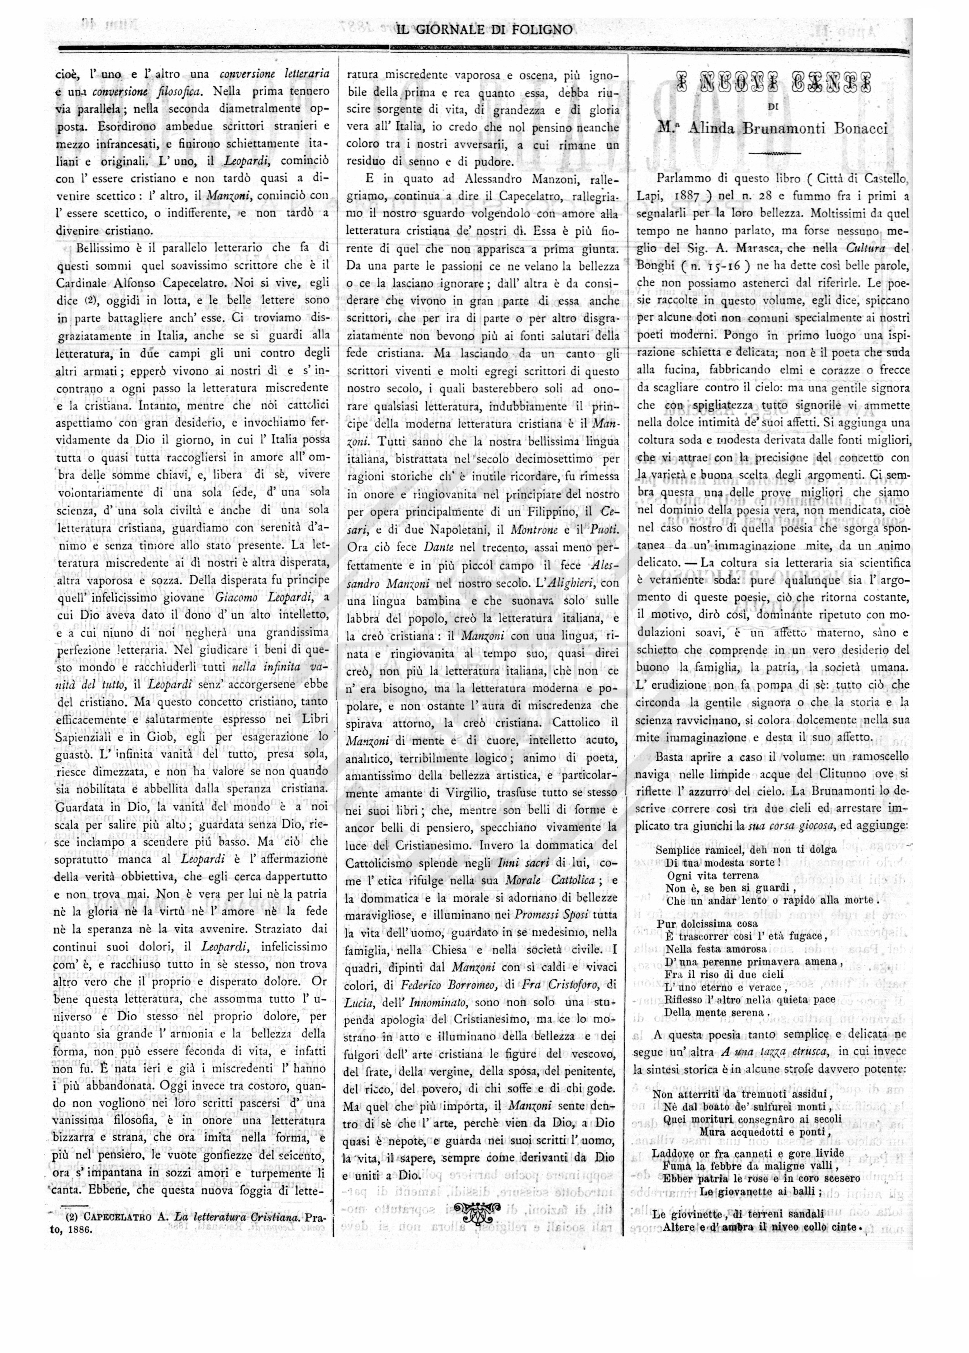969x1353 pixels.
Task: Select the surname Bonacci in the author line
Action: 857,128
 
